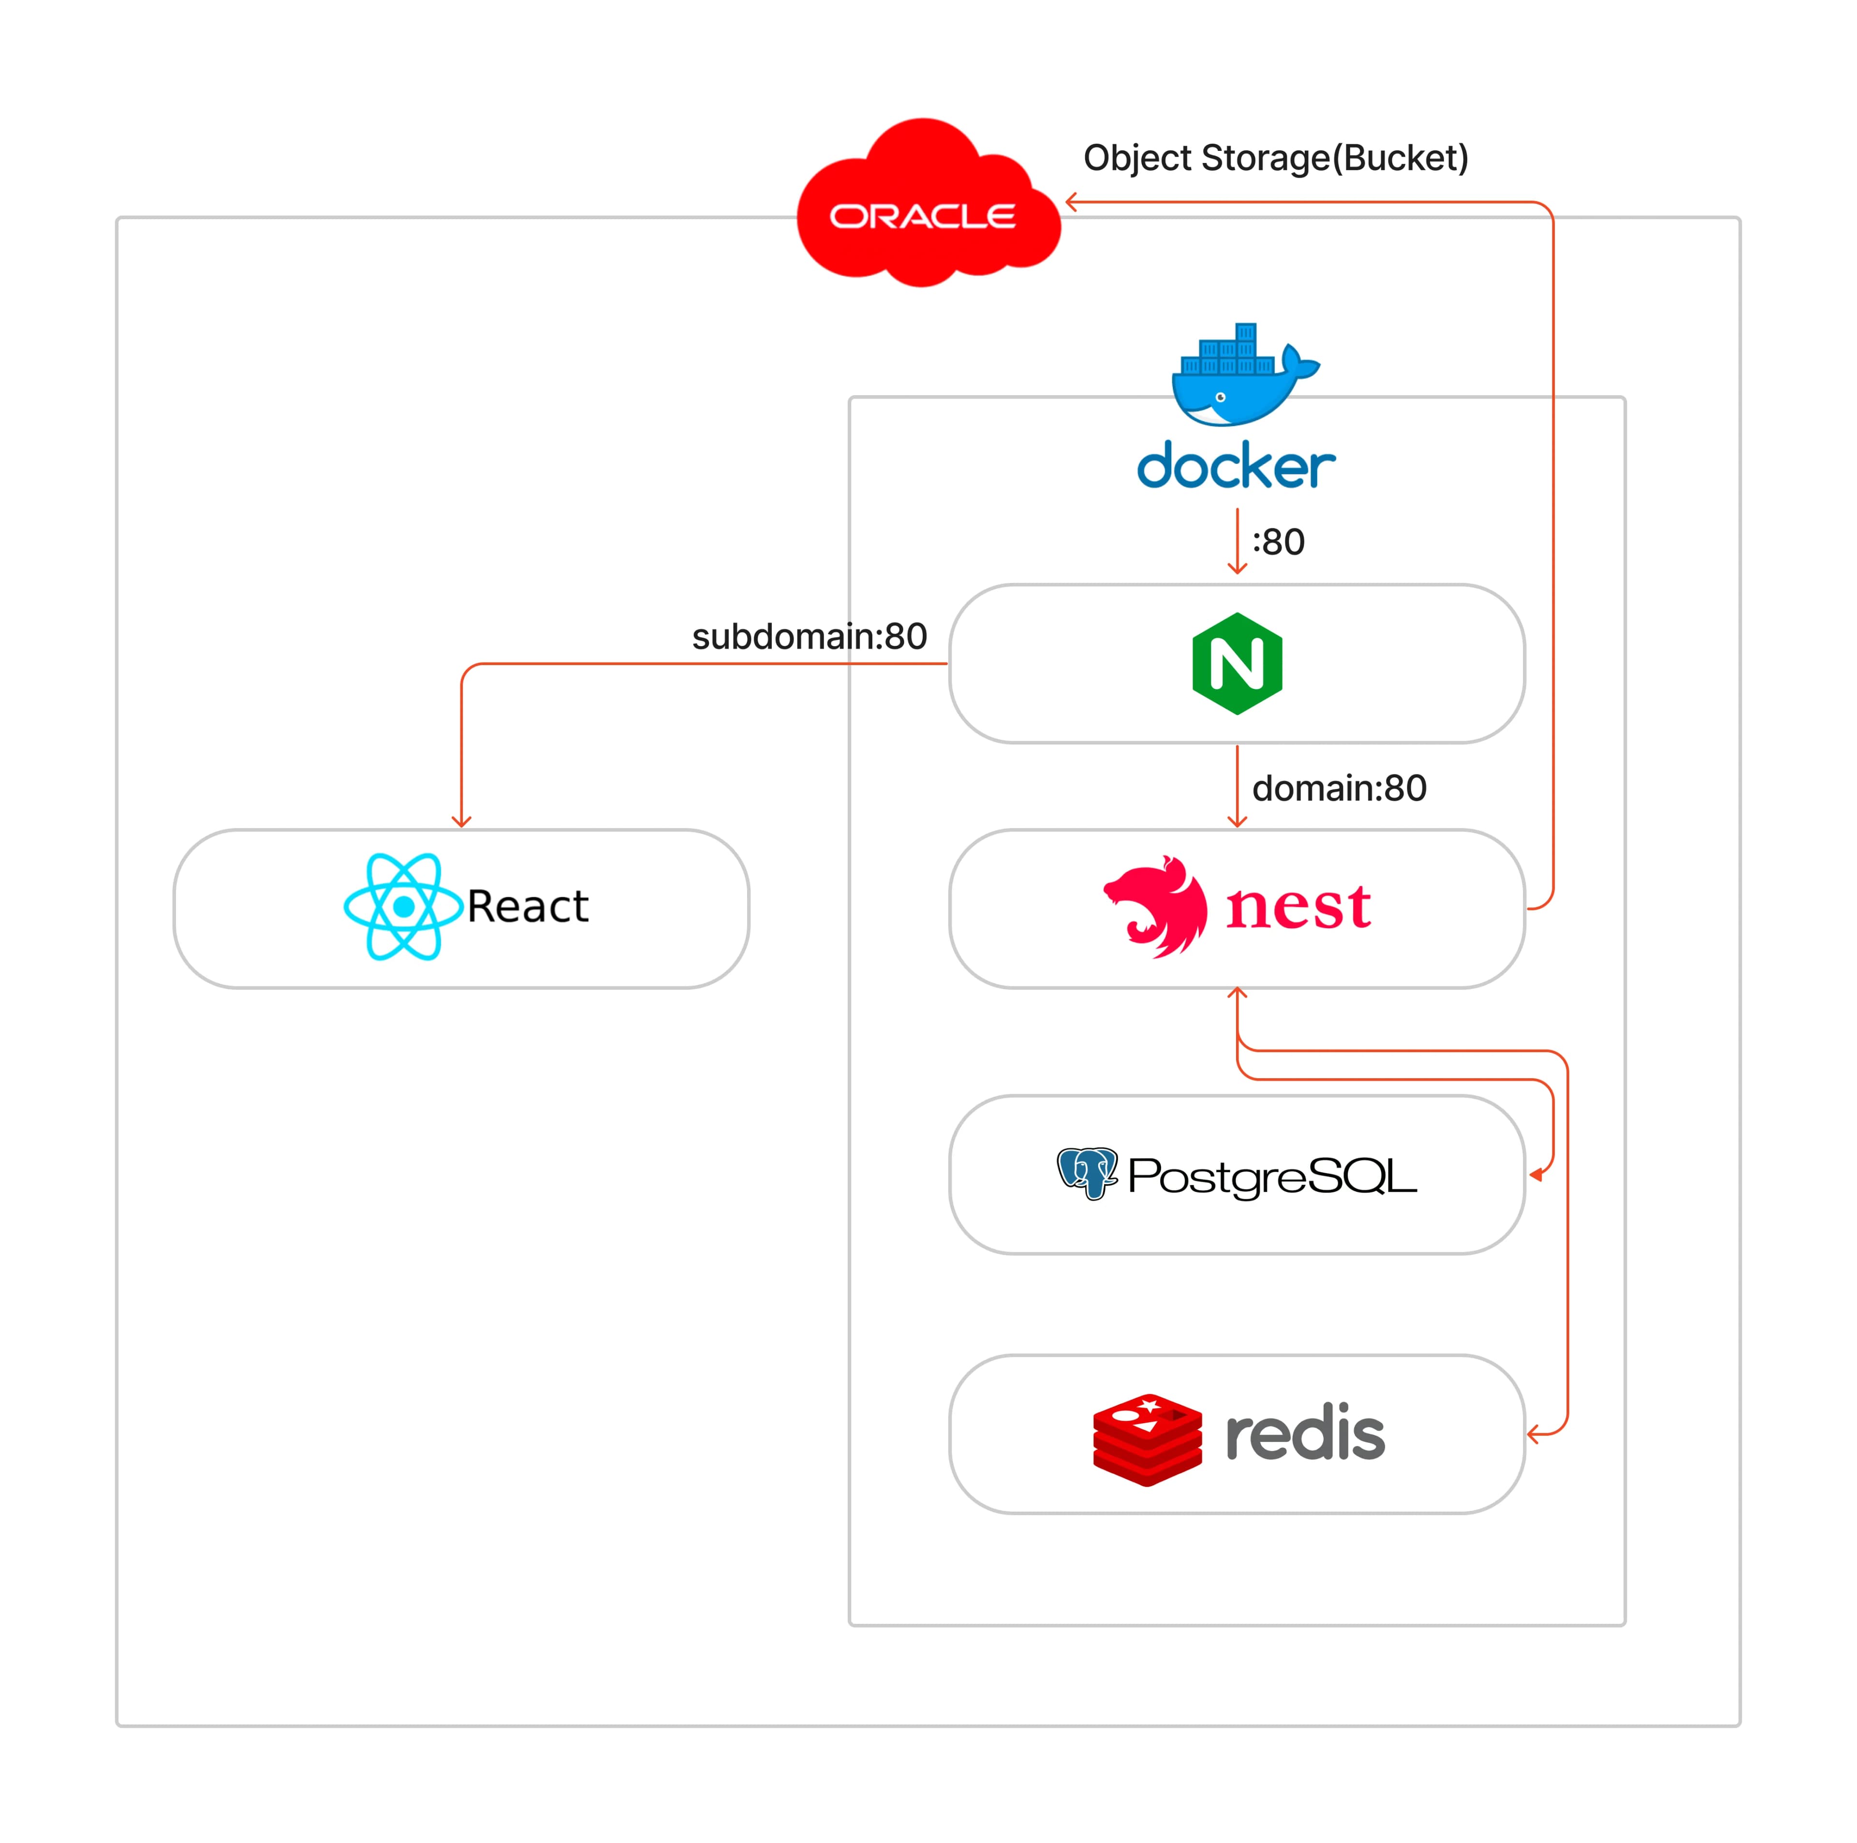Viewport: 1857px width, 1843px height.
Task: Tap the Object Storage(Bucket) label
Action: pyautogui.click(x=1276, y=158)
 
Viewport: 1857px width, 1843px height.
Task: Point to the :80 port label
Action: pyautogui.click(x=1278, y=542)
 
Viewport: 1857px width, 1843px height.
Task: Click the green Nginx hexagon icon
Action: pyautogui.click(x=1237, y=663)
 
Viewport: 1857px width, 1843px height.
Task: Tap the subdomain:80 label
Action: pyautogui.click(x=810, y=637)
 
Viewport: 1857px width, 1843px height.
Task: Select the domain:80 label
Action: pyautogui.click(x=1339, y=788)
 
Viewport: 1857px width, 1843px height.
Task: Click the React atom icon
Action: pyautogui.click(x=404, y=907)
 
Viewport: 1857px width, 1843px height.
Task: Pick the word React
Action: pyautogui.click(x=528, y=907)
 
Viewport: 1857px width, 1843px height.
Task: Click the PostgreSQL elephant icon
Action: pyautogui.click(x=1087, y=1173)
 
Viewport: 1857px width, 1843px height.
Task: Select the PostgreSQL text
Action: pyautogui.click(x=1272, y=1176)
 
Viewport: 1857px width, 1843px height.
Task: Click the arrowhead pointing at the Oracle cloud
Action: pyautogui.click(x=1071, y=202)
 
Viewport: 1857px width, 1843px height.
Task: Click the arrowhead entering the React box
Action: pyautogui.click(x=461, y=822)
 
